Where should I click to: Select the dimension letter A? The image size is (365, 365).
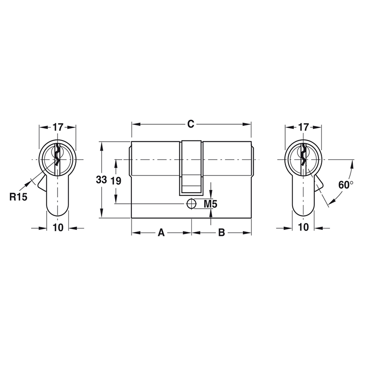point(161,233)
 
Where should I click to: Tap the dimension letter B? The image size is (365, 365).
point(221,233)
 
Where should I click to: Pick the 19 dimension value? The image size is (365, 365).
point(116,181)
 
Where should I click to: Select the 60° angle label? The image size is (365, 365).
point(346,185)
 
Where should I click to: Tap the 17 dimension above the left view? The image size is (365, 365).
point(57,127)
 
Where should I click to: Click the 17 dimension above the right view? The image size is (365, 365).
point(303,127)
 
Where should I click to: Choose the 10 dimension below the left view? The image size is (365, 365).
point(57,228)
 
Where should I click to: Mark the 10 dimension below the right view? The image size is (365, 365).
point(303,228)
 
